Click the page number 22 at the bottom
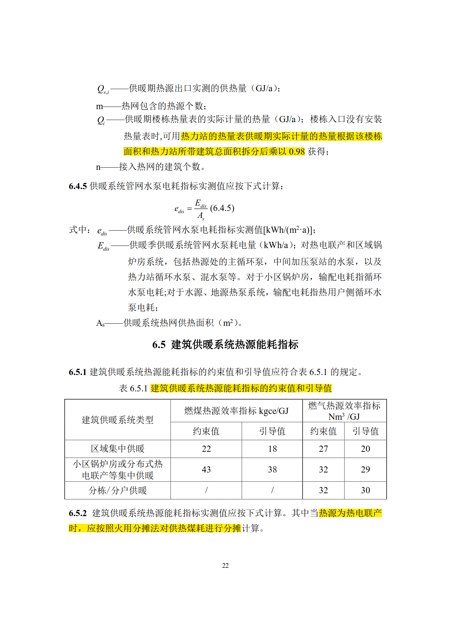225,565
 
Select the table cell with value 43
206,470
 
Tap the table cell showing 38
272,470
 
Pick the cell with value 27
323,449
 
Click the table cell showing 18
272,449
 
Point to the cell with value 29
365,470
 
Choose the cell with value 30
365,490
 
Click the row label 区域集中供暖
117,449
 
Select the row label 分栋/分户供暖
117,490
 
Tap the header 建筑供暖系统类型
117,420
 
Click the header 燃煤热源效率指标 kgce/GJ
236,411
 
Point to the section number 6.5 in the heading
159,345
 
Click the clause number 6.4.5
78,186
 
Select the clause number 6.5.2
78,513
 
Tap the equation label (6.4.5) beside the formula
222,208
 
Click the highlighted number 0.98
297,152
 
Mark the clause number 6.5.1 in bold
78,372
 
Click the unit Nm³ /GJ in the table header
344,416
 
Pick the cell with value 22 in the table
206,449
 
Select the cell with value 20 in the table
365,449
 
